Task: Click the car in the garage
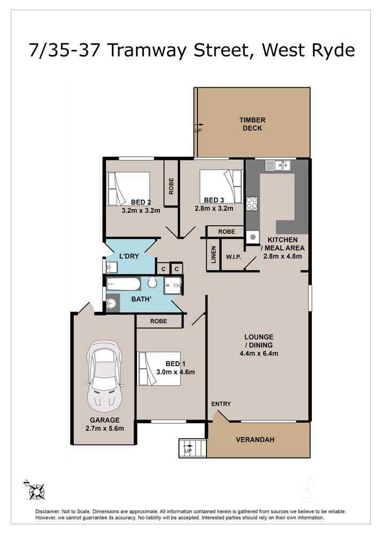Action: [104, 376]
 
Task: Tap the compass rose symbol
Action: [35, 491]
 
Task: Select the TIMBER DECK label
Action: [252, 124]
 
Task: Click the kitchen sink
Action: [278, 165]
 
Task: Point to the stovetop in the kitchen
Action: [251, 203]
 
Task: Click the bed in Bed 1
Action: [158, 369]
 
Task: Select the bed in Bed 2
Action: [128, 189]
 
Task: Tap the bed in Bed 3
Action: [221, 186]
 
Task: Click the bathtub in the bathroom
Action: [124, 284]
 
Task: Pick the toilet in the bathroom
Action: [152, 282]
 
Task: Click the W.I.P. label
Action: [234, 257]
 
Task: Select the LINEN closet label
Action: [214, 255]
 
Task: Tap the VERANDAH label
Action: [255, 439]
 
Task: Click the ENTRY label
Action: [221, 403]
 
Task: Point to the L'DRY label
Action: [129, 256]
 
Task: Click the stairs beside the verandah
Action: [193, 448]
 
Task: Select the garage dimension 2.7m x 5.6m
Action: [105, 428]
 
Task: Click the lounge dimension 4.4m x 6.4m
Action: [259, 354]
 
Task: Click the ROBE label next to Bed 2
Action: [171, 186]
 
